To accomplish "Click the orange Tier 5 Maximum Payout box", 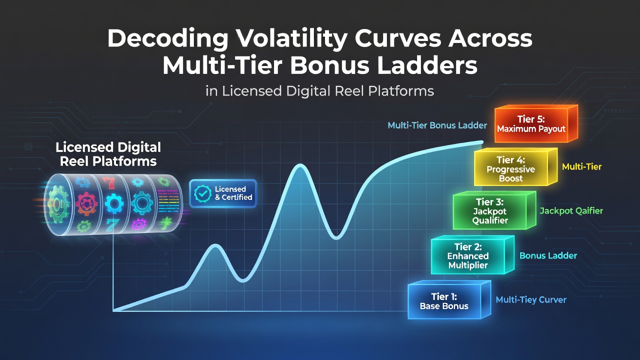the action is pyautogui.click(x=536, y=123).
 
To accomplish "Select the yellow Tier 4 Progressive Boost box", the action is pyautogui.click(x=515, y=167).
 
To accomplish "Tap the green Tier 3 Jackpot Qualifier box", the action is pyautogui.click(x=494, y=210).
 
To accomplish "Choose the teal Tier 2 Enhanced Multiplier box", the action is pyautogui.click(x=472, y=255).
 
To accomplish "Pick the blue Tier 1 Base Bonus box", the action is pyautogui.click(x=449, y=299).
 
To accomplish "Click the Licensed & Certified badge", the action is pyautogui.click(x=223, y=193).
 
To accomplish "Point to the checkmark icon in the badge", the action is pyautogui.click(x=202, y=193).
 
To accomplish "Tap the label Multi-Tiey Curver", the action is pyautogui.click(x=531, y=299).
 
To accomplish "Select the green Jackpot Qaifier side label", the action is pyautogui.click(x=571, y=211).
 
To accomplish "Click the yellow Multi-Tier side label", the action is pyautogui.click(x=582, y=166).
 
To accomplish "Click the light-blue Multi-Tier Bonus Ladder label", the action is pyautogui.click(x=437, y=125).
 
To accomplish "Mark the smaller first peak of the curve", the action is pyautogui.click(x=215, y=246).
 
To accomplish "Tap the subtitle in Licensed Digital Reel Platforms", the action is pyautogui.click(x=319, y=91).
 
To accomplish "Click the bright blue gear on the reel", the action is pyautogui.click(x=114, y=203).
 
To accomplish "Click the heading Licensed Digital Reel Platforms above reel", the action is pyautogui.click(x=108, y=154).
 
